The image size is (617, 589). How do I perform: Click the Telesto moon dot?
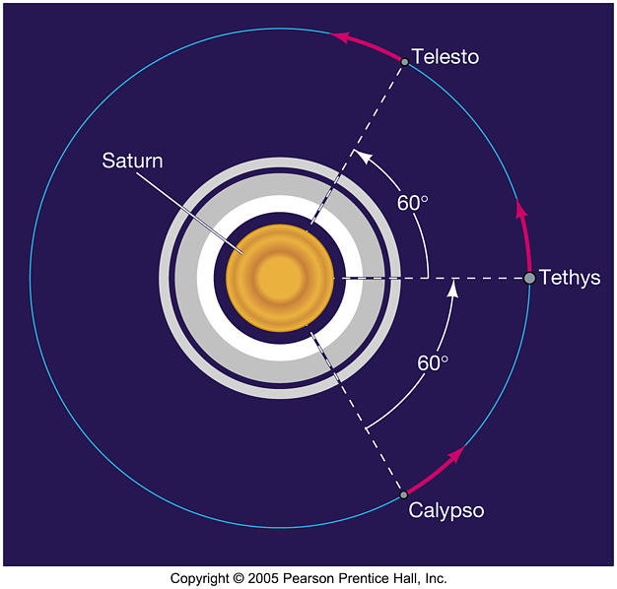click(404, 62)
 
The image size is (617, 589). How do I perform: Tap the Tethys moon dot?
click(529, 278)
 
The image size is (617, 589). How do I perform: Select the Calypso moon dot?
click(403, 494)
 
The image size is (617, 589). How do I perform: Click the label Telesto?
click(446, 56)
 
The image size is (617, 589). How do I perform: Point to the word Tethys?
click(570, 277)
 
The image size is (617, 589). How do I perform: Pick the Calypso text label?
click(446, 510)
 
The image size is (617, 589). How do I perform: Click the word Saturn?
click(132, 161)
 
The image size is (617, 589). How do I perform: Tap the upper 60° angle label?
click(412, 203)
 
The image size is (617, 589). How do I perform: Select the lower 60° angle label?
click(433, 362)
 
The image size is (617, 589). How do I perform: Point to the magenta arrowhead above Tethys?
click(521, 208)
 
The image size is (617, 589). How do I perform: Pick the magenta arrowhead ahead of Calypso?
click(455, 454)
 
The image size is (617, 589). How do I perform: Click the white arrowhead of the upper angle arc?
click(363, 157)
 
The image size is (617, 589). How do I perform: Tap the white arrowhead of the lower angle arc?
click(453, 289)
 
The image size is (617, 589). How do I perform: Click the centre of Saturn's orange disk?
click(280, 278)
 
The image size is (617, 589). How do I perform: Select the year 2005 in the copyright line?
click(263, 578)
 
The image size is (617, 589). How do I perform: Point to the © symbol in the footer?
click(239, 578)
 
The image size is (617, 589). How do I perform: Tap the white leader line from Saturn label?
click(189, 212)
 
